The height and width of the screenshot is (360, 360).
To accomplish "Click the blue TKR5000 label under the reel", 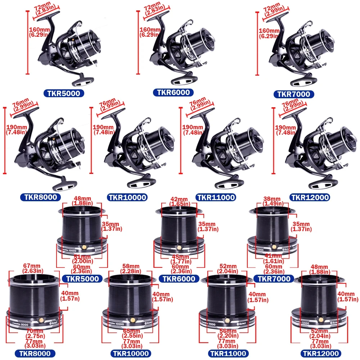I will coord(64,94).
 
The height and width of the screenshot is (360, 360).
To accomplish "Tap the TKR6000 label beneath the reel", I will coord(173,93).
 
